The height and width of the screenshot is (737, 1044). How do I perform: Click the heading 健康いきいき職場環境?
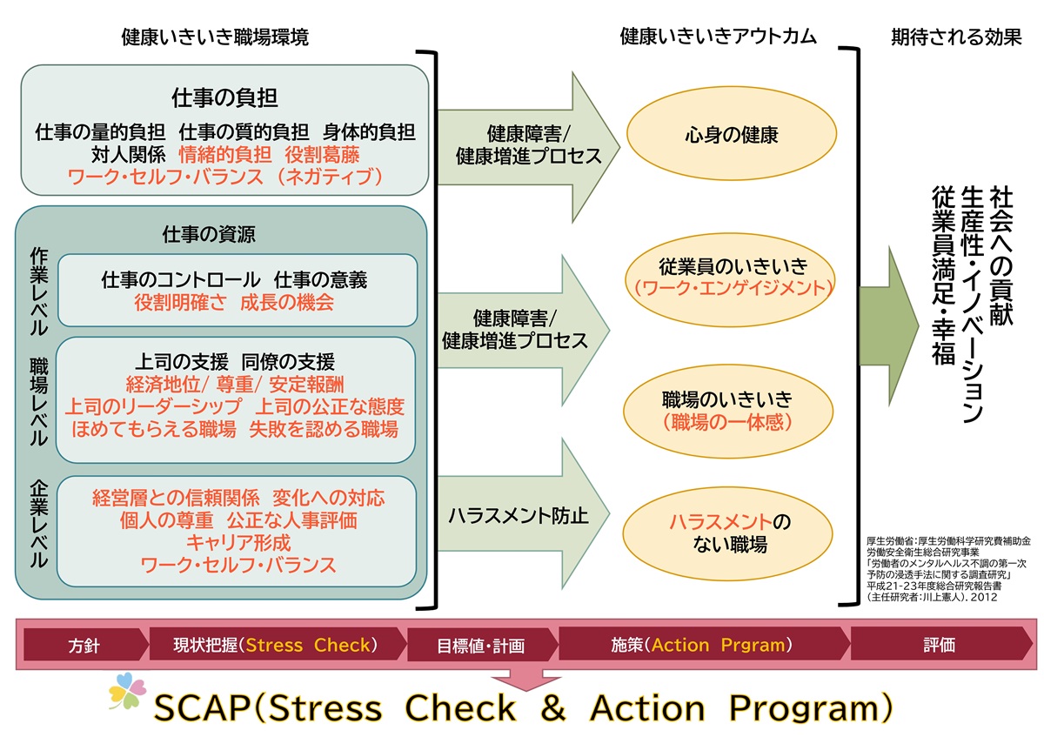215,37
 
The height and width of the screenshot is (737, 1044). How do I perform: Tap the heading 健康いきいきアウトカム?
718,37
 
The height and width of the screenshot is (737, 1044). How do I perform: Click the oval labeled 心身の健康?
730,135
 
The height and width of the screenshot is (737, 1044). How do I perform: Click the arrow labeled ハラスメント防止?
519,515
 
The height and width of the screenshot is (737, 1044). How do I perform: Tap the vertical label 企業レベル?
37,523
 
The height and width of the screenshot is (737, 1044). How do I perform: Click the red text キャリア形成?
238,542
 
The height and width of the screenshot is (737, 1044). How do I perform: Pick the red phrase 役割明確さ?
177,303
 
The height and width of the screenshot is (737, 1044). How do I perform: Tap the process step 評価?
939,646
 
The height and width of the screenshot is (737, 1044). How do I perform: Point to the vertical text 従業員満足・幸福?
943,277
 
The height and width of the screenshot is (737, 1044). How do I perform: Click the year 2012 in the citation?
981,598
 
